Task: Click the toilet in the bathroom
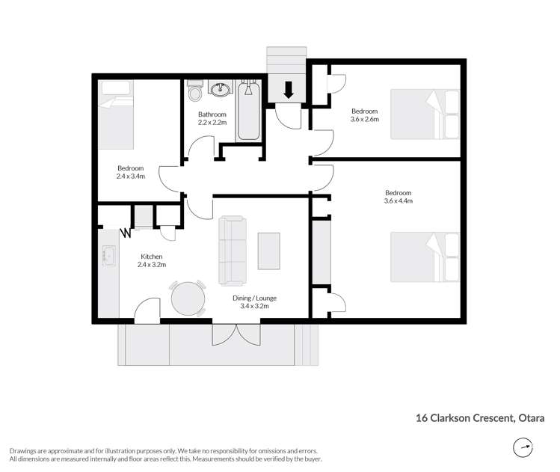196,93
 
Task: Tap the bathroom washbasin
221,91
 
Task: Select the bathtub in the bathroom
248,111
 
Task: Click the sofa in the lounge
231,251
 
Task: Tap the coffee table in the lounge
269,251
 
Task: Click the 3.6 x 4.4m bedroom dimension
398,200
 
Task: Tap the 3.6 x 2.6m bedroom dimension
365,118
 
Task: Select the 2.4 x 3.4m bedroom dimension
130,176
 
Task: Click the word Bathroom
212,114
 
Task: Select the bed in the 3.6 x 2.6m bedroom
425,114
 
